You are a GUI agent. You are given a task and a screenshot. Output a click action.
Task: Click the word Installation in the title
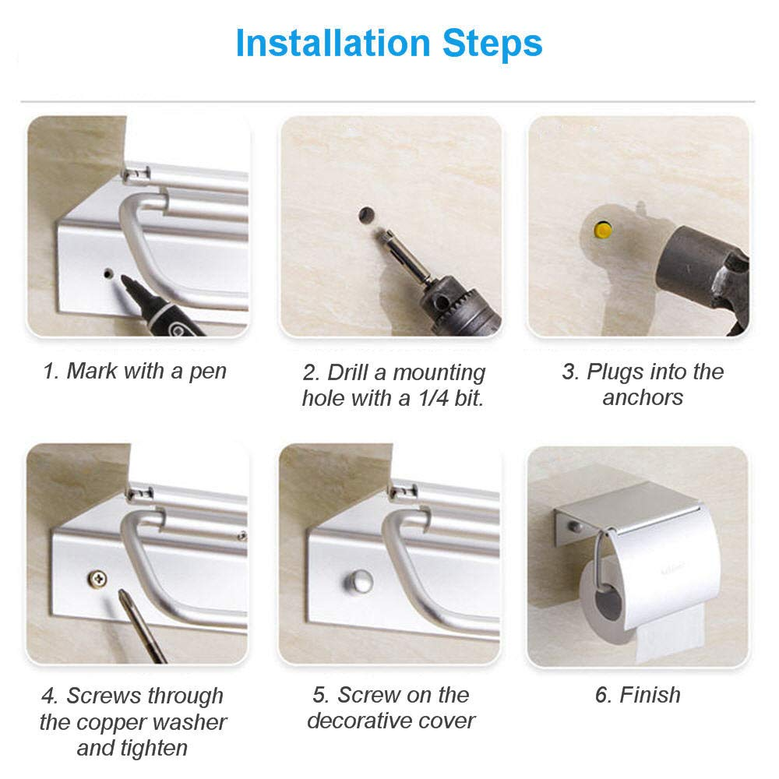(x=333, y=43)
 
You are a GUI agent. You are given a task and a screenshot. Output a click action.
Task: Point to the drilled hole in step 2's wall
(x=366, y=215)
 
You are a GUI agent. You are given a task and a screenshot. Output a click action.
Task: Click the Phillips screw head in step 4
(x=97, y=578)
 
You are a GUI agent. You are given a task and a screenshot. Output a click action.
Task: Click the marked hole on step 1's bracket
(x=108, y=273)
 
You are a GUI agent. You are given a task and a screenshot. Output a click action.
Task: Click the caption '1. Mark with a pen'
(x=135, y=371)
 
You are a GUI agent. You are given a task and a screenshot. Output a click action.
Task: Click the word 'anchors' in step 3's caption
(x=643, y=397)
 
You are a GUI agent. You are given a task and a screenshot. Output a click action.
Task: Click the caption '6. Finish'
(x=638, y=695)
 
